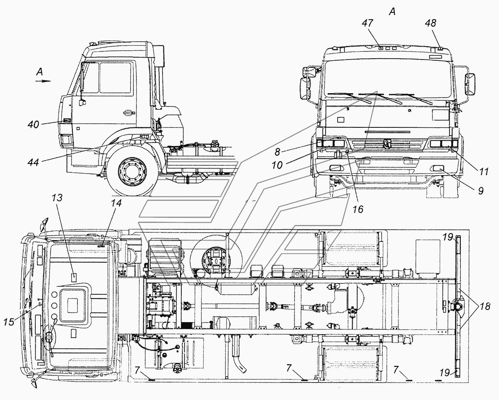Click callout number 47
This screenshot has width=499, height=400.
(368, 23)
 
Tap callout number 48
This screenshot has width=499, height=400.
(431, 23)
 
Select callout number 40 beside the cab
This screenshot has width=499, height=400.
(33, 125)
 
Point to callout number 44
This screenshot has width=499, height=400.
(33, 162)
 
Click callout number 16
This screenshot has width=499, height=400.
(358, 209)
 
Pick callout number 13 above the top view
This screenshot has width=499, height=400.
(57, 198)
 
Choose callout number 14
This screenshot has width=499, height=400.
(116, 203)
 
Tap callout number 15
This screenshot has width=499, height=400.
(9, 322)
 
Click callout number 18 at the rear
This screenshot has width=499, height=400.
(484, 306)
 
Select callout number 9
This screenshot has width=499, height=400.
(481, 191)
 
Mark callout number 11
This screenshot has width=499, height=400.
(484, 172)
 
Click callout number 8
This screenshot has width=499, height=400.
(277, 152)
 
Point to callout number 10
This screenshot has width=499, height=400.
(277, 165)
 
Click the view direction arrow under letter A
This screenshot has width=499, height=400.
(43, 81)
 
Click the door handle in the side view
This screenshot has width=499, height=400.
(129, 113)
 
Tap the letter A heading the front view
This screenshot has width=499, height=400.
(392, 11)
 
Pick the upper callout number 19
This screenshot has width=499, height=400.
(447, 237)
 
